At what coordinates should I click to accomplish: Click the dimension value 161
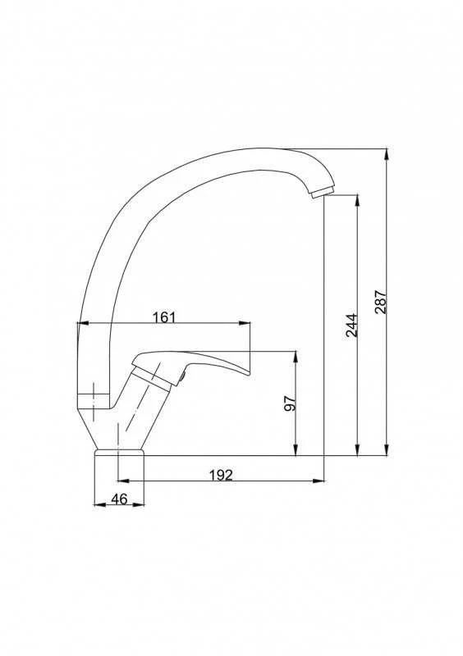[164, 317]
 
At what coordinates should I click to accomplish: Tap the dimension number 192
[220, 475]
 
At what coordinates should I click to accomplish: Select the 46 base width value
[119, 499]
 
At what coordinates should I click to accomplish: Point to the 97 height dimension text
[290, 403]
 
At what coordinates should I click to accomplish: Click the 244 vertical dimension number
[351, 325]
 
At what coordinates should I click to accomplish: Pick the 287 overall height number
[381, 302]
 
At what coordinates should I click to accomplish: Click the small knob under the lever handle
[182, 376]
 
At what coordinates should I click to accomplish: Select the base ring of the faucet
[119, 453]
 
